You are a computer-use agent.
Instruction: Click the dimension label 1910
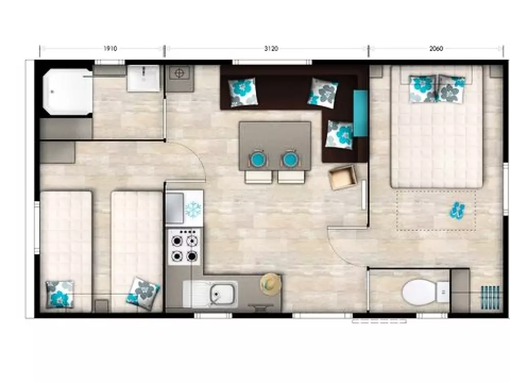coord(110,49)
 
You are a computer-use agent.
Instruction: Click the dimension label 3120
coord(271,49)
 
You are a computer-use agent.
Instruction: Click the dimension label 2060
coord(436,49)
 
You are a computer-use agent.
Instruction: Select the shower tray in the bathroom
coord(68,91)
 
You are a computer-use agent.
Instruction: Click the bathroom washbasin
coord(143,78)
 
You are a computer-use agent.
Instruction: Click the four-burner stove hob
coord(185,247)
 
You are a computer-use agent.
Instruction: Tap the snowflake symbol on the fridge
coord(193,209)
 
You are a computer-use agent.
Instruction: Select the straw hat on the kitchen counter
coord(271,284)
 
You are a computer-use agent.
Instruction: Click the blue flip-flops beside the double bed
coord(457,210)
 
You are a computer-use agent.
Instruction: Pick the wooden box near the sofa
coord(343,177)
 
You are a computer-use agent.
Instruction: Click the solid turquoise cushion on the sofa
coord(360,113)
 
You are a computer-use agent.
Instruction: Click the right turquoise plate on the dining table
coord(291,159)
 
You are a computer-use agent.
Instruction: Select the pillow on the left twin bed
coord(60,294)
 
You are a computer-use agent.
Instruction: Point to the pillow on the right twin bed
coord(143,294)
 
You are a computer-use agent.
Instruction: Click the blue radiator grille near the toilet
coord(491,297)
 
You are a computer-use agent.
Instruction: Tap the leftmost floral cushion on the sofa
coord(243,92)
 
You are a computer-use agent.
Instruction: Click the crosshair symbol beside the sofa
coord(180,73)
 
